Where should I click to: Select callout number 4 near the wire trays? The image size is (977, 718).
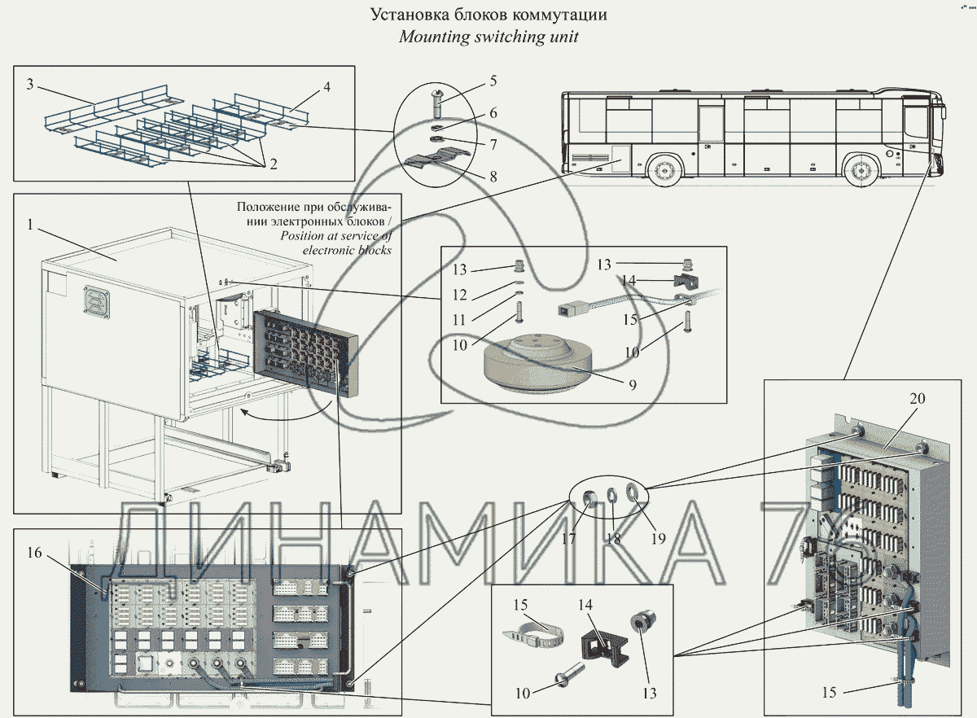coord(326,86)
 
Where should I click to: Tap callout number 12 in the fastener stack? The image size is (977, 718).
coord(460,294)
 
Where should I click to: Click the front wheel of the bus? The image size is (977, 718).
coord(860,172)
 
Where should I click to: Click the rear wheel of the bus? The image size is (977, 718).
coord(665,171)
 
